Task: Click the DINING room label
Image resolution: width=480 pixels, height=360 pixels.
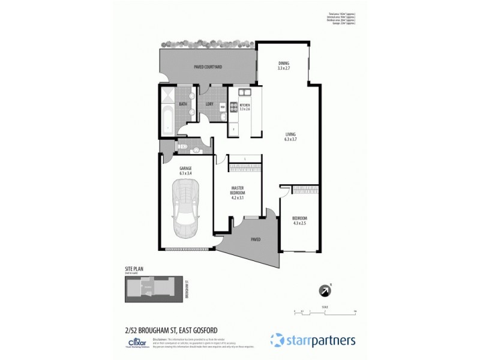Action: coord(284,66)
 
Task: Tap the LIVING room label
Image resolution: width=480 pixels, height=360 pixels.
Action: coord(291,136)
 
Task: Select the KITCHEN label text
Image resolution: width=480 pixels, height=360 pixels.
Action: coord(244,107)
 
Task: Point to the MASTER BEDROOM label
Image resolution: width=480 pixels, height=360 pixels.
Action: coord(238,192)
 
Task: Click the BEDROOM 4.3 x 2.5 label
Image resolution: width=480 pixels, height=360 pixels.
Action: coord(299,220)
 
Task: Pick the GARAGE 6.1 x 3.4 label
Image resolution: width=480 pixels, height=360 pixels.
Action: coord(185,171)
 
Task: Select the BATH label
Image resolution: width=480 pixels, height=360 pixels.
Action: coord(182,104)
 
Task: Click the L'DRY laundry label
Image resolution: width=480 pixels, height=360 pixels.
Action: coord(209,104)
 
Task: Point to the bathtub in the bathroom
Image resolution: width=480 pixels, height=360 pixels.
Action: coord(167,121)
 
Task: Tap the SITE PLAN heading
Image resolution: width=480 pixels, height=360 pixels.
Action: coord(134,269)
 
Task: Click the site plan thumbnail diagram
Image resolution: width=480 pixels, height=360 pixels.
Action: coord(154,289)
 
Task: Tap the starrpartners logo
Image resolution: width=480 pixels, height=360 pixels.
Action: coord(313,340)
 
